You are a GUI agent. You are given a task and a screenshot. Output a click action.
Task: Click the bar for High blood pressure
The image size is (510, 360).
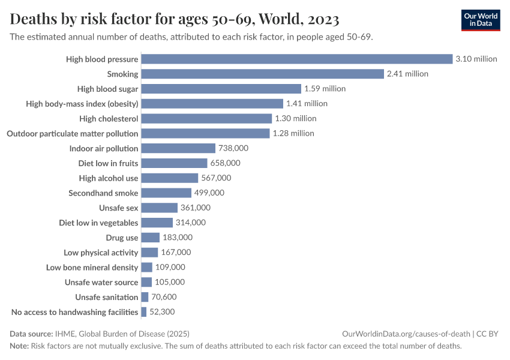(x=296, y=59)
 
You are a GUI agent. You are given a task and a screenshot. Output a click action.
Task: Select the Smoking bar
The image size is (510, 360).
(x=262, y=74)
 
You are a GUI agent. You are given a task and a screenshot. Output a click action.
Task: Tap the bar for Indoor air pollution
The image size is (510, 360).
(x=178, y=148)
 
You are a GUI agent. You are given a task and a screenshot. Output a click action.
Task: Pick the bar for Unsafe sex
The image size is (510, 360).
(x=160, y=208)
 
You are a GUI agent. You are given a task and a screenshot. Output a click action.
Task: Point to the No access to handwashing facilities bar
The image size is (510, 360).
(x=144, y=312)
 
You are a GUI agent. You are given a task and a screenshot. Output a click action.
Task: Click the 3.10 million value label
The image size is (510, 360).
(x=476, y=59)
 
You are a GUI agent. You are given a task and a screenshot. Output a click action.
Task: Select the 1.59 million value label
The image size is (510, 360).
(x=325, y=89)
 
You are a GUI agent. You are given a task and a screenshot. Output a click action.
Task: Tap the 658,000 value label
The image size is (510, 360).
(x=225, y=163)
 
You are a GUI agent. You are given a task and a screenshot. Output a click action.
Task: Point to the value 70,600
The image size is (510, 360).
(x=164, y=297)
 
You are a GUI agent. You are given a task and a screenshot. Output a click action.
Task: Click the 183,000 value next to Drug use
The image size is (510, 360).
(x=178, y=238)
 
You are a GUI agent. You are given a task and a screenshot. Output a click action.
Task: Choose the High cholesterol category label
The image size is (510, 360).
(x=109, y=118)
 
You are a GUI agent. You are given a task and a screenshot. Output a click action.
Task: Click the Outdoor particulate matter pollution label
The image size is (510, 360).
(x=72, y=133)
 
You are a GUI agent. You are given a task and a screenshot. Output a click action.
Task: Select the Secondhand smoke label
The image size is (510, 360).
(x=103, y=193)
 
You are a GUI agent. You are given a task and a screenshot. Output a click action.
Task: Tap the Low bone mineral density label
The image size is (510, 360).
(x=92, y=267)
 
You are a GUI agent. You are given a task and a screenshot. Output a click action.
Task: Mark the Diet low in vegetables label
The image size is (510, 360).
(x=98, y=223)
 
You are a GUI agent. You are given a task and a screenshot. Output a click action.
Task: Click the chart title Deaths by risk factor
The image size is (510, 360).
(x=175, y=20)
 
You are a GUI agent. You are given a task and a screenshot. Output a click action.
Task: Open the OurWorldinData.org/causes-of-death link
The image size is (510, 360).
(x=406, y=334)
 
